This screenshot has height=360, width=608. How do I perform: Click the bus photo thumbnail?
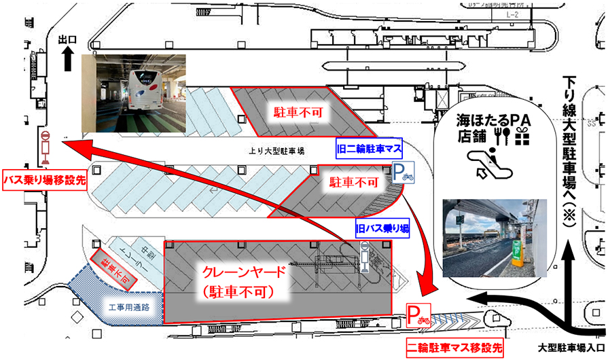point(133,92)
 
